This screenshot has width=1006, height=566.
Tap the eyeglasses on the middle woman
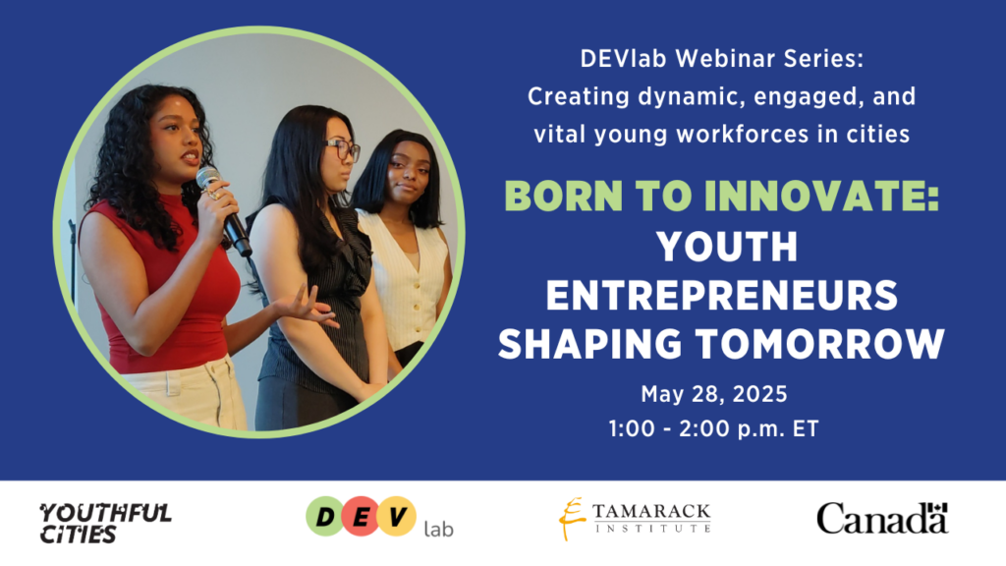tap(343, 149)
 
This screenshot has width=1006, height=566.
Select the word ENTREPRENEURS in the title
tap(722, 295)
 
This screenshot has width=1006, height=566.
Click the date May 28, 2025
tap(714, 394)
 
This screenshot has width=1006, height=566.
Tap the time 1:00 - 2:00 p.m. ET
tap(714, 428)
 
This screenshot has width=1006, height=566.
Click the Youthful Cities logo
tap(105, 523)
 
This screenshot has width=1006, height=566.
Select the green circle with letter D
tap(325, 517)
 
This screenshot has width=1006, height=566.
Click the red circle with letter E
tap(361, 517)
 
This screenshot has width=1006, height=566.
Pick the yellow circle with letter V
tap(396, 517)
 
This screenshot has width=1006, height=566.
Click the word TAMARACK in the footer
tap(651, 511)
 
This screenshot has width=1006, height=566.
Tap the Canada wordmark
tap(882, 518)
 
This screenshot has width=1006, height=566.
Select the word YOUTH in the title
tap(726, 247)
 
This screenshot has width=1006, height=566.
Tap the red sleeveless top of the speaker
tap(173, 289)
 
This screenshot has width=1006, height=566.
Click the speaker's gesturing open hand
tap(308, 306)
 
